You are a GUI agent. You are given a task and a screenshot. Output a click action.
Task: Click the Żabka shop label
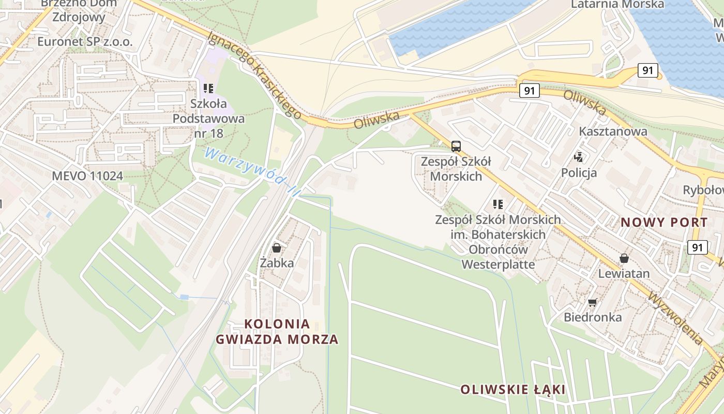point(277,263)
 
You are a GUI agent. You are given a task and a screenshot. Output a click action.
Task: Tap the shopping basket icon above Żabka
point(277,248)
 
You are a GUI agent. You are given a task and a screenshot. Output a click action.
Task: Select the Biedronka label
point(593,317)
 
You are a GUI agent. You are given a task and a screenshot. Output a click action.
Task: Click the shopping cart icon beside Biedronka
point(593,302)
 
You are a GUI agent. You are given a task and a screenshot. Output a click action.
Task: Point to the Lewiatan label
point(624,273)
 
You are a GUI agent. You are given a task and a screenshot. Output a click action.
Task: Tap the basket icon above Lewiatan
point(624,258)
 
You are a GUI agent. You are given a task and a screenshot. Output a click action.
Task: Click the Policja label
point(579,172)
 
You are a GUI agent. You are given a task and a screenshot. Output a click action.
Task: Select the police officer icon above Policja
point(579,157)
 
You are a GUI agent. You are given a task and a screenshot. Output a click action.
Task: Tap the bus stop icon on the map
point(456,146)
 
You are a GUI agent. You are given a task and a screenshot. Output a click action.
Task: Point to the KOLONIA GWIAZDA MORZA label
point(277,332)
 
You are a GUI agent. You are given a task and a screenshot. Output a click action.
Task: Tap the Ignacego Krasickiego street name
point(254,75)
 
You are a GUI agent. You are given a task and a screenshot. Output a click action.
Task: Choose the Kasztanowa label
point(613,131)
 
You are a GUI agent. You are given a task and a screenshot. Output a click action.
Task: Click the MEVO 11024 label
point(87,176)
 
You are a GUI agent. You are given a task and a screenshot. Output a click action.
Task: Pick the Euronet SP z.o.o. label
point(85,42)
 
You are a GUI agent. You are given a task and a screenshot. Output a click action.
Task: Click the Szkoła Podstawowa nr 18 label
point(208,119)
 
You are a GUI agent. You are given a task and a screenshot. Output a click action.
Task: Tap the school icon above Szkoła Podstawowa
point(208,88)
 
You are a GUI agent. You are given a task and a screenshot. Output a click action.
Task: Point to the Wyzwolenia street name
point(674,318)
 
